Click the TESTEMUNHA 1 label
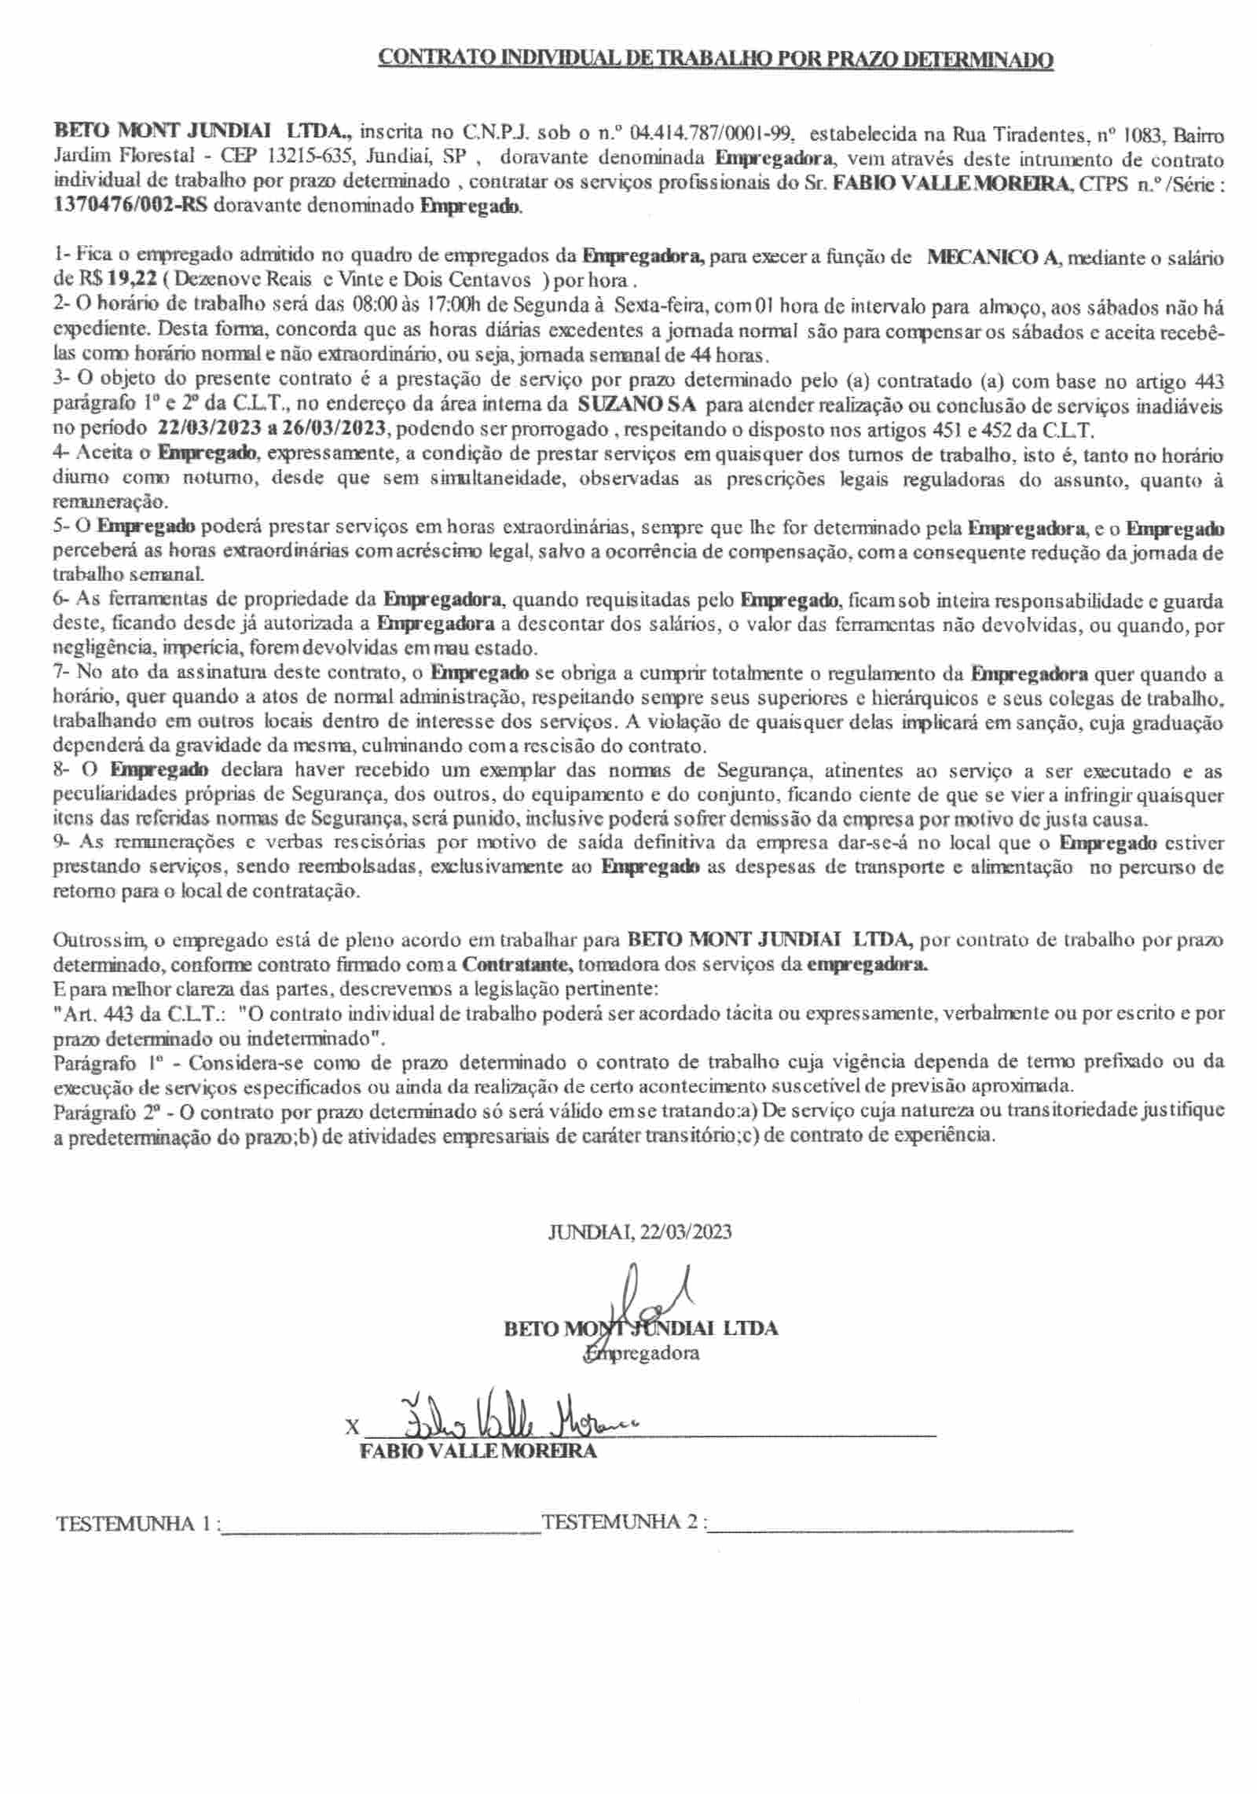point(134,1523)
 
